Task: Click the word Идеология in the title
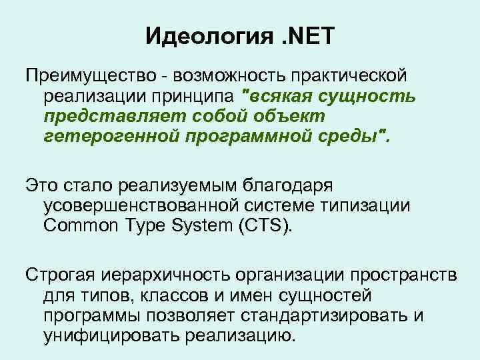click(209, 35)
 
